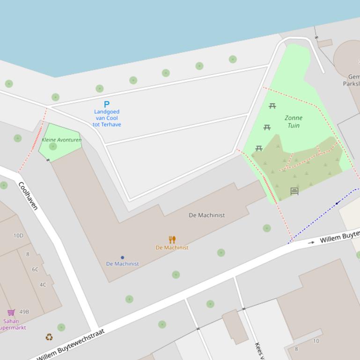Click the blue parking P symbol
click(106, 104)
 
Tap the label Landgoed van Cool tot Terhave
click(107, 118)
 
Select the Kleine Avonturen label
click(61, 140)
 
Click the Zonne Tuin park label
click(294, 122)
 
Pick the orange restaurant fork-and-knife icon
click(172, 240)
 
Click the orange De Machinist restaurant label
click(172, 248)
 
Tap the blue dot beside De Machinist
click(123, 258)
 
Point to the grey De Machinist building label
click(206, 215)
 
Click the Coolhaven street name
click(28, 196)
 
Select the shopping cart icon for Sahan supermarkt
click(11, 312)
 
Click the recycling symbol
click(49, 337)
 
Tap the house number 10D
click(18, 236)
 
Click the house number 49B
click(24, 312)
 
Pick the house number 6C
click(35, 269)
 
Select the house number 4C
click(43, 285)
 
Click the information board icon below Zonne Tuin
click(294, 191)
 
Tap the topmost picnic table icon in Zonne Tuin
click(272, 106)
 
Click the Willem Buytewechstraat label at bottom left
click(70, 345)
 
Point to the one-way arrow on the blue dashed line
click(338, 203)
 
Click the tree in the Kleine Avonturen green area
click(53, 146)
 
